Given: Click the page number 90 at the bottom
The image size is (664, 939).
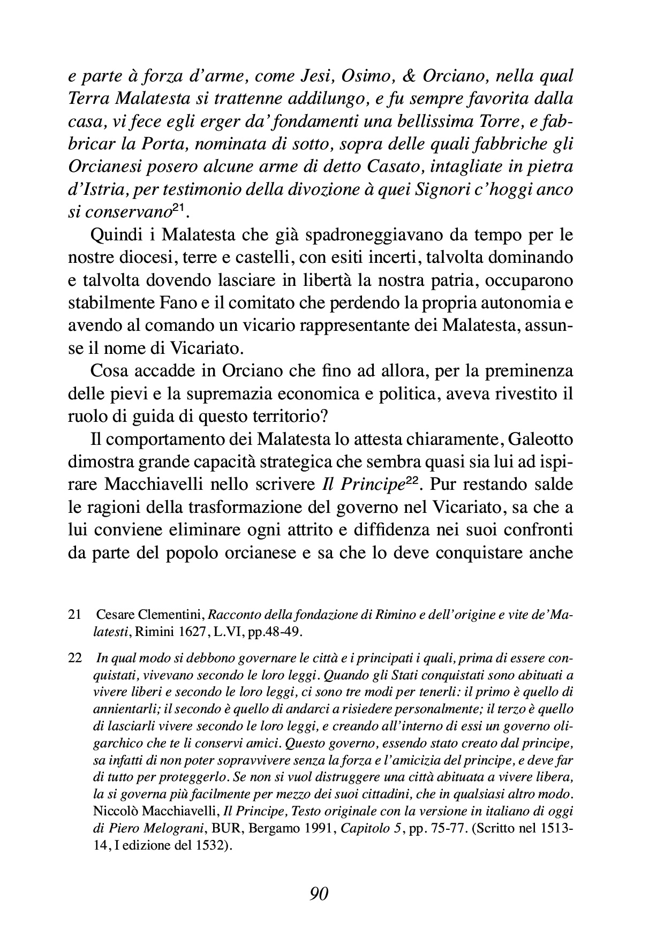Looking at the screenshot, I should [319, 893].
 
